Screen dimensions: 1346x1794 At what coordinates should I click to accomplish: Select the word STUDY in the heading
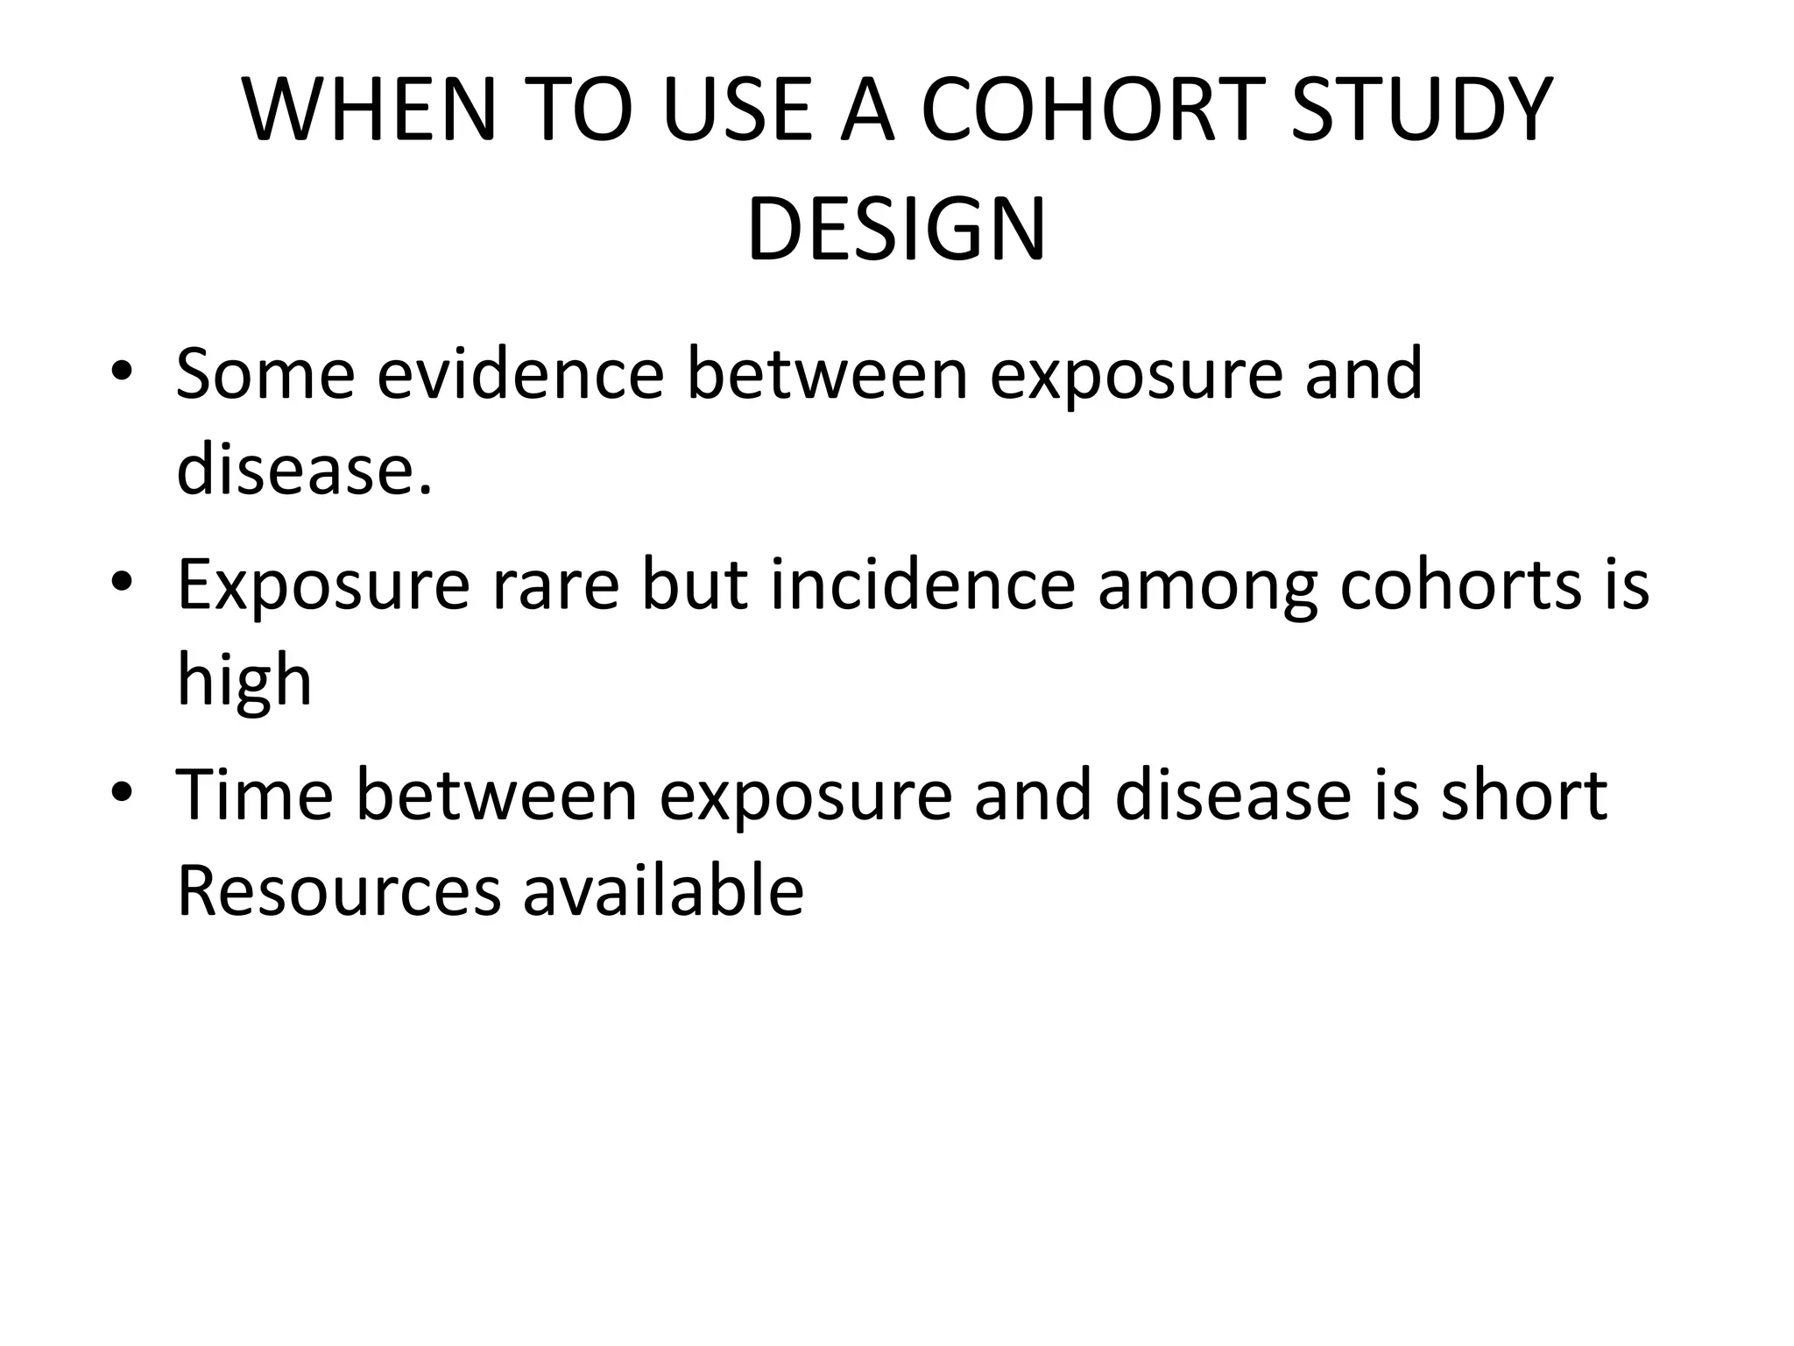(x=1422, y=110)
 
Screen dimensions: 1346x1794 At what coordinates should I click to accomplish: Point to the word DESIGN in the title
(x=896, y=230)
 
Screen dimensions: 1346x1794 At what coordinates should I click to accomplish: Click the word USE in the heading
(x=737, y=110)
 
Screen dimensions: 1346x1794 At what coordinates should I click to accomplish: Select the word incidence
(x=923, y=585)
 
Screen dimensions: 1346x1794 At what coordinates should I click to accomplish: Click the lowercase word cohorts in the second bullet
(x=1459, y=585)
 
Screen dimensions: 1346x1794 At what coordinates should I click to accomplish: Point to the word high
(x=244, y=683)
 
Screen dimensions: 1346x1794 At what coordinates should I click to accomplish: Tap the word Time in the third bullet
(x=255, y=796)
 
